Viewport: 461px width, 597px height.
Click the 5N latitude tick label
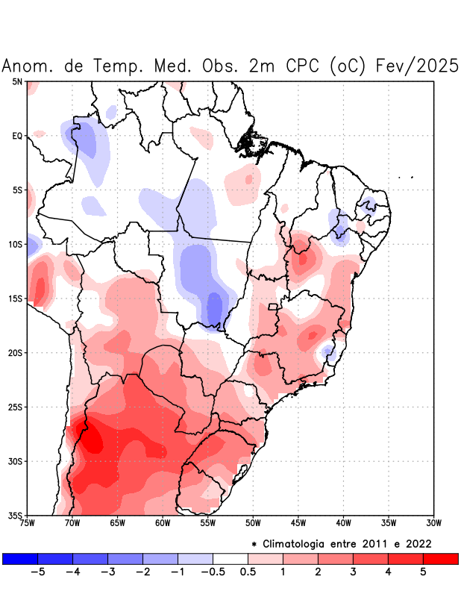(x=17, y=81)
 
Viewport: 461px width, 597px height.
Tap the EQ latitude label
(x=17, y=136)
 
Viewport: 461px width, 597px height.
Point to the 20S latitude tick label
(x=16, y=352)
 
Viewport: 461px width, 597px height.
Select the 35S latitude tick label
(x=16, y=515)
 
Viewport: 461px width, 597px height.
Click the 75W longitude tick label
(x=28, y=523)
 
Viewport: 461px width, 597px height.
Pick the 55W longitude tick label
(x=208, y=523)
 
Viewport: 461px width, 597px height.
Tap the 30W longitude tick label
(x=433, y=523)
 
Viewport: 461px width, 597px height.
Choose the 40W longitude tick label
(x=343, y=523)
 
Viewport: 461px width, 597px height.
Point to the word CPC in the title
(x=301, y=66)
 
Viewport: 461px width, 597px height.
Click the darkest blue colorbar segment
(x=20, y=559)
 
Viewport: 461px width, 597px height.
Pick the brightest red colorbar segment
(x=440, y=559)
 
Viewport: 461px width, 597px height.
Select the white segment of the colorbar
(x=230, y=559)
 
